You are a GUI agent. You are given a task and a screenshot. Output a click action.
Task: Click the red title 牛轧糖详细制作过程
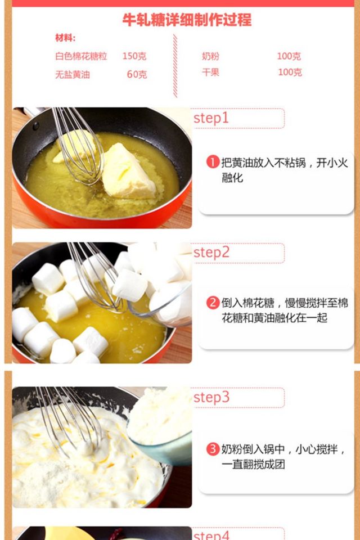click(187, 20)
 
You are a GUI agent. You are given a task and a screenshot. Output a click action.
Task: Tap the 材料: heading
click(65, 38)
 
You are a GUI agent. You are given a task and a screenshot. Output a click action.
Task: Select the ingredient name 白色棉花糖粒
click(81, 56)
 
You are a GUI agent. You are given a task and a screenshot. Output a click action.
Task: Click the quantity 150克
click(134, 56)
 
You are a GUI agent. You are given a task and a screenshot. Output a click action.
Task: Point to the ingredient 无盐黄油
click(73, 74)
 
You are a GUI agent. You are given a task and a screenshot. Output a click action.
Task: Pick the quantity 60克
click(137, 74)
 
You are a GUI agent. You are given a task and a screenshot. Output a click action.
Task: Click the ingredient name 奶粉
click(210, 56)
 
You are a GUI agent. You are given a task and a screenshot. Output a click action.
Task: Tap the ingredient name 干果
click(210, 73)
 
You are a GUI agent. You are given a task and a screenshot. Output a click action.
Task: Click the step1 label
click(211, 118)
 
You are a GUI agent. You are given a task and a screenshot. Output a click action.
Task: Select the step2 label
click(211, 253)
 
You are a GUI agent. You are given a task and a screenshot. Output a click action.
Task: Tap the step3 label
click(211, 397)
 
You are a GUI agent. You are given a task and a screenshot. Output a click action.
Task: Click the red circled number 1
click(213, 162)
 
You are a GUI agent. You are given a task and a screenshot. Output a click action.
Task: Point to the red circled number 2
click(213, 303)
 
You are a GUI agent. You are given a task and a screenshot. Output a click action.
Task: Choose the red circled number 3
click(213, 449)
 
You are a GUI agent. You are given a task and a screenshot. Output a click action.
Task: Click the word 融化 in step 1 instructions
click(232, 178)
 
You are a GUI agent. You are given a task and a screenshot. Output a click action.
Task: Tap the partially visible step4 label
click(211, 535)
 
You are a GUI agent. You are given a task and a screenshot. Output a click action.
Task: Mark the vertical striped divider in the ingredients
click(175, 66)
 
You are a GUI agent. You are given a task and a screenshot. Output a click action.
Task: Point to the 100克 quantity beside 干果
click(290, 73)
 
